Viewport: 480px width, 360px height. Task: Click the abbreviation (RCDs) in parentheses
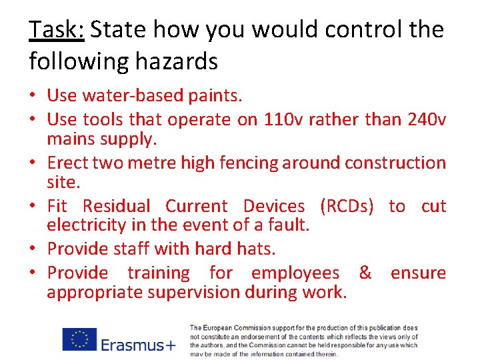tap(347, 206)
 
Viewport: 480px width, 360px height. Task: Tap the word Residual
tap(116, 206)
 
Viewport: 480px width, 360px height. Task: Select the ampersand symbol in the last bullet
tap(365, 272)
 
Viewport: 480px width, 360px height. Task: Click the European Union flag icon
tap(79, 339)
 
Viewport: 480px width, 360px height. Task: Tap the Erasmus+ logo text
tap(138, 344)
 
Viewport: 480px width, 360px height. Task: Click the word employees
tap(295, 273)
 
